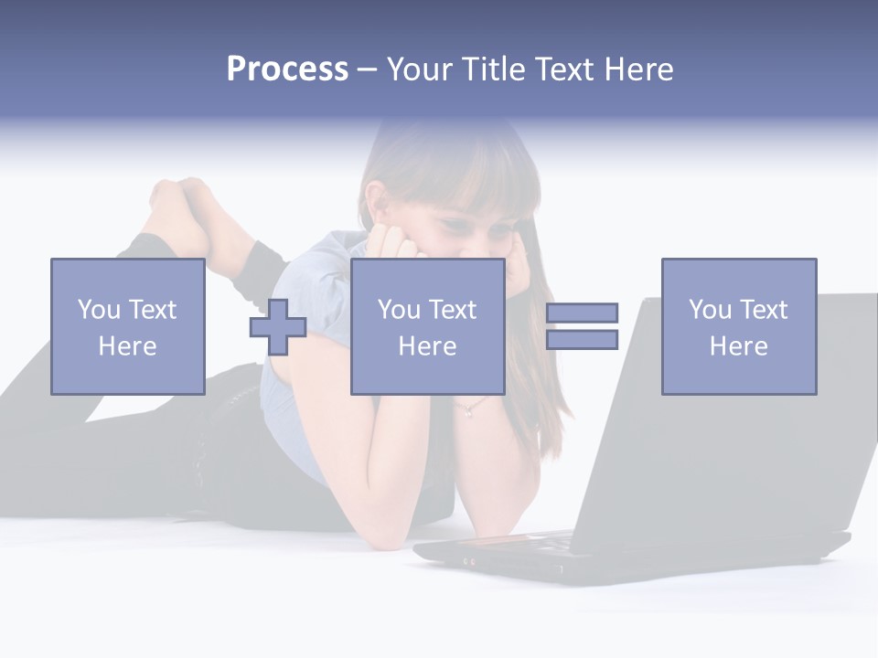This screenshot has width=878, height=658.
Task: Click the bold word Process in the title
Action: tap(287, 69)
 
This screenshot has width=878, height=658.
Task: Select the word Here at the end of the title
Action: tap(639, 69)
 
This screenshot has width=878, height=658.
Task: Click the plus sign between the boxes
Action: tap(278, 326)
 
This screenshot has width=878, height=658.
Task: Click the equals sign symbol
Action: tap(582, 326)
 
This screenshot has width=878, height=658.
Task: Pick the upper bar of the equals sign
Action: tap(582, 313)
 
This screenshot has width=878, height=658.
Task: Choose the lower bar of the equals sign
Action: tap(582, 340)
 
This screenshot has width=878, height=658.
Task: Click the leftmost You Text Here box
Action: tap(127, 326)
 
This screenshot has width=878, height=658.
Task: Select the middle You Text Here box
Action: tap(427, 326)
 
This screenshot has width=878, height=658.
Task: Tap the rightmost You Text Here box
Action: tap(738, 326)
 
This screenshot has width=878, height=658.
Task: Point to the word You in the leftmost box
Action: tap(99, 309)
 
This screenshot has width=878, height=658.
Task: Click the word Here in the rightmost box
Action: tap(738, 346)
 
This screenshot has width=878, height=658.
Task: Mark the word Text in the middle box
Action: tap(452, 310)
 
